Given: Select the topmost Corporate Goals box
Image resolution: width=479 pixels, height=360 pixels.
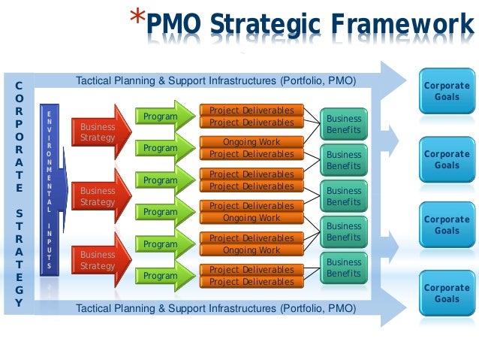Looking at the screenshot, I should (x=447, y=91).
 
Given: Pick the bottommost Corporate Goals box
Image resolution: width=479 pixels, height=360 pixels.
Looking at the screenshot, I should (x=447, y=293).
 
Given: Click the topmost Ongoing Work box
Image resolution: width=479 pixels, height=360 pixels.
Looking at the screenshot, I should (x=252, y=142).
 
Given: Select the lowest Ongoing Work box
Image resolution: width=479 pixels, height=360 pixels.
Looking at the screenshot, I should (x=252, y=250).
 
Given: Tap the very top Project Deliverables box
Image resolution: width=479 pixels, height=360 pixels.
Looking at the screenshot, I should (x=252, y=110).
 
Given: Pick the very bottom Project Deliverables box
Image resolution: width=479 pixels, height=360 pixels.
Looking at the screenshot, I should (x=252, y=282).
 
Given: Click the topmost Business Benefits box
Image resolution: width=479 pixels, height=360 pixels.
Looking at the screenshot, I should (x=344, y=124).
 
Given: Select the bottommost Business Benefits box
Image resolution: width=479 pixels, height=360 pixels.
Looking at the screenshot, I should (x=344, y=268).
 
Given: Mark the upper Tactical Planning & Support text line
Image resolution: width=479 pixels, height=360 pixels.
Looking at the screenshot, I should (x=216, y=80).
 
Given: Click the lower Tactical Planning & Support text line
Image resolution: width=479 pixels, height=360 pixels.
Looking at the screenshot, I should (x=216, y=308).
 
